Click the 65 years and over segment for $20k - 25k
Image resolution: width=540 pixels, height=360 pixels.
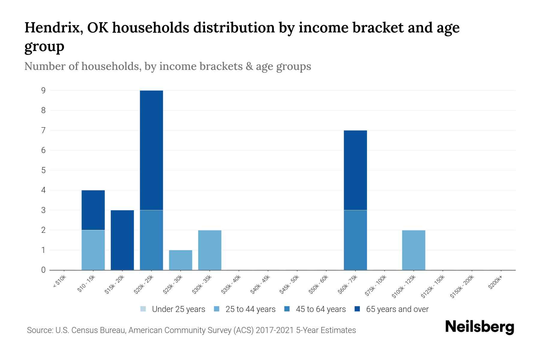(x=151, y=150)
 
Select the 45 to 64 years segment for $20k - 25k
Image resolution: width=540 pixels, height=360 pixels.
(x=151, y=240)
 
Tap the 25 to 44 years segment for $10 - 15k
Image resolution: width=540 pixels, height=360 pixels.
(x=93, y=250)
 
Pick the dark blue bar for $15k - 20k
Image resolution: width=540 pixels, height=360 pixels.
(x=122, y=240)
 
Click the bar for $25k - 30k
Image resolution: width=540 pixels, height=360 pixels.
(x=181, y=260)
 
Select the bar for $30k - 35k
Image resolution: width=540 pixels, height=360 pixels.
(x=210, y=250)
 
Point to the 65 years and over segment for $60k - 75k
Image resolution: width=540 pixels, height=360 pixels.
(x=355, y=170)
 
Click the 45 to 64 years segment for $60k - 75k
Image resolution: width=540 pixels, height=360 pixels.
(x=355, y=240)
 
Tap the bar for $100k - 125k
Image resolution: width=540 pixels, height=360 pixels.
(x=414, y=250)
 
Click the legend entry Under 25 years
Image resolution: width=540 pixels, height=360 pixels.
(x=178, y=309)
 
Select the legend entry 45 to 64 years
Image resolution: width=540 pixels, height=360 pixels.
(x=320, y=309)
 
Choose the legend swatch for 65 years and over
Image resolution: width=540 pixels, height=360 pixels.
(x=357, y=309)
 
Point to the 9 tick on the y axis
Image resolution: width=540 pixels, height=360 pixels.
(x=43, y=90)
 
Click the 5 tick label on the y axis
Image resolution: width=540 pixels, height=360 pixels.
(x=43, y=170)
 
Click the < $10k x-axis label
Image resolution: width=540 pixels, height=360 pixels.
(x=59, y=282)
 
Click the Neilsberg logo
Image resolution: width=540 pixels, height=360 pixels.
(x=479, y=327)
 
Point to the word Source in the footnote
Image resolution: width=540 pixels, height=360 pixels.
(x=39, y=330)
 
